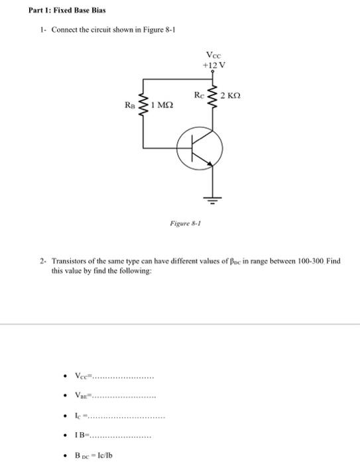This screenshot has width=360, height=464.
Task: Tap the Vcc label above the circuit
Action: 214,55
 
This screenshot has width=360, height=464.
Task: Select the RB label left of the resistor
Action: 130,105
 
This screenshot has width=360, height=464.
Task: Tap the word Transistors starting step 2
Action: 72,261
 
